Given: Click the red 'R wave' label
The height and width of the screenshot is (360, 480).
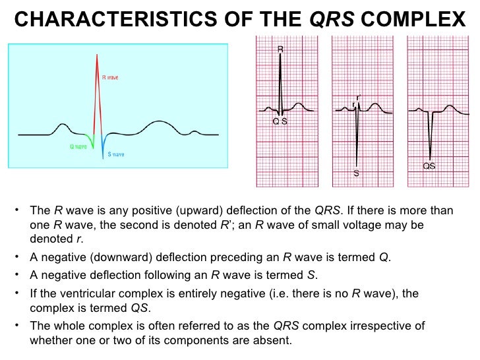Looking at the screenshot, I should click(110, 77).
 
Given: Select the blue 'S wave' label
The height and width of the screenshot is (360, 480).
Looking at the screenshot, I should click(116, 154).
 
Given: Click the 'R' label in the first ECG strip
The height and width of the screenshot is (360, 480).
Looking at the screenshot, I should click(280, 49).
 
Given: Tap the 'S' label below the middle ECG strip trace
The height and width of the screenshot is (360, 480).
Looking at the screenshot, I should click(356, 174).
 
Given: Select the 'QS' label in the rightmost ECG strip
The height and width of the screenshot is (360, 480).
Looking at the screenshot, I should click(429, 166).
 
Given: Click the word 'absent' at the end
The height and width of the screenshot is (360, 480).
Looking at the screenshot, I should click(273, 340).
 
